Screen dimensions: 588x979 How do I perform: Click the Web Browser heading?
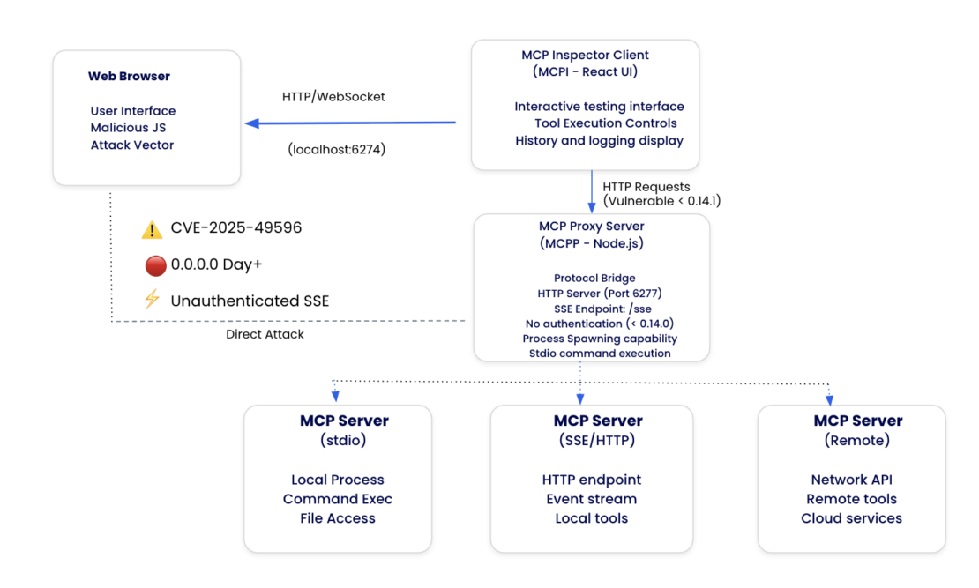pos(129,77)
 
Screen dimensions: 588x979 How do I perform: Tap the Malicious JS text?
pos(128,128)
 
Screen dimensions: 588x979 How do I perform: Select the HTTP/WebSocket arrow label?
pos(333,97)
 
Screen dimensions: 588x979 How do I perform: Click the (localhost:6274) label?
pos(337,150)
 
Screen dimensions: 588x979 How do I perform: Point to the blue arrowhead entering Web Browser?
pos(252,123)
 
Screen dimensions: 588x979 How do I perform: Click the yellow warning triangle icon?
pos(152,230)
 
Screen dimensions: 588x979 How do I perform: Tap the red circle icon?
pos(155,265)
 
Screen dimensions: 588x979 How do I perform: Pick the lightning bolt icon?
pos(152,300)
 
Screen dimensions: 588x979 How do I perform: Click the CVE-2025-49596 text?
pos(236,228)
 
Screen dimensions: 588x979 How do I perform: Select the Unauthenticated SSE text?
pos(250,301)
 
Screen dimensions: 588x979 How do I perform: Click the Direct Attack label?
pos(265,335)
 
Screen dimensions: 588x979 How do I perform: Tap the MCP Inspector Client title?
pos(585,55)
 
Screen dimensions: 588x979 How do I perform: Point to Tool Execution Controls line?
pos(605,123)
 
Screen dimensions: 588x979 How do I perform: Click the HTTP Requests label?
pos(646,187)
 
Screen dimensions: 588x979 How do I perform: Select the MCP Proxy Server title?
pos(591,227)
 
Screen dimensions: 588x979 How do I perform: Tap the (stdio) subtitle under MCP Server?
pos(344,440)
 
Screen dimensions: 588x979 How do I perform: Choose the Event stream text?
pos(591,499)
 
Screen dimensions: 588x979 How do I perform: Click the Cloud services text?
pos(851,518)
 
